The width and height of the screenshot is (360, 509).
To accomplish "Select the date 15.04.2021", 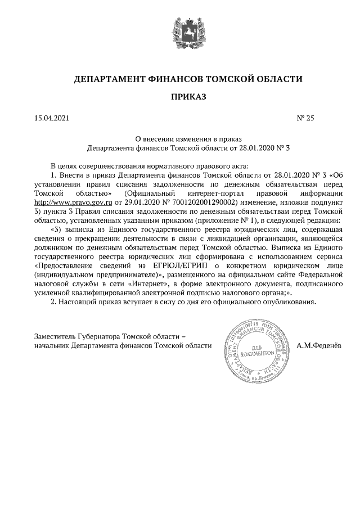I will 51,118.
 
